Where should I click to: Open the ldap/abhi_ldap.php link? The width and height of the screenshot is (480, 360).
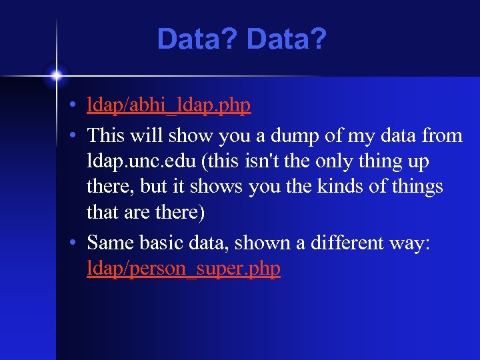[x=169, y=105]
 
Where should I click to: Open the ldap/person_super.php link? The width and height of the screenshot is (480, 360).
[x=183, y=268]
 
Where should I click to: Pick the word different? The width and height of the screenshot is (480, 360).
[x=359, y=242]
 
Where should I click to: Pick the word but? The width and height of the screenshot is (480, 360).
[x=157, y=187]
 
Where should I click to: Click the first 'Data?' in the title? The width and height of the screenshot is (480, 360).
[x=198, y=40]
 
